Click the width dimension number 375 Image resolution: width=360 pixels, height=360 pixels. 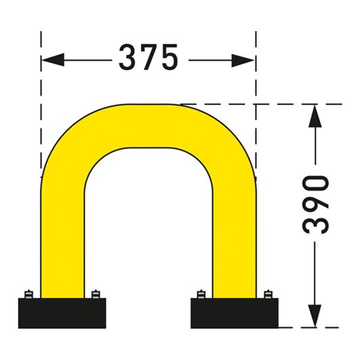tap(148, 57)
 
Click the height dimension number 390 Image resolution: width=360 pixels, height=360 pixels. tap(317, 204)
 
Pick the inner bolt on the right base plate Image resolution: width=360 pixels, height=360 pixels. tap(201, 294)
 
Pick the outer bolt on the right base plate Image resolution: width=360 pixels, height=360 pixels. tap(268, 294)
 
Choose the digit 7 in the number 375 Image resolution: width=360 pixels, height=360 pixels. tap(148, 57)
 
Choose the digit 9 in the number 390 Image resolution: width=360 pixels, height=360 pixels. tap(317, 205)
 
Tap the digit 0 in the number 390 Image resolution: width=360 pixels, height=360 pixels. tap(317, 182)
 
